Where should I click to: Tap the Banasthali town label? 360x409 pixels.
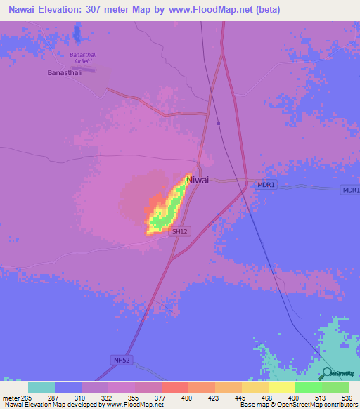65,72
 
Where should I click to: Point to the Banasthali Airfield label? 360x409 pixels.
86,58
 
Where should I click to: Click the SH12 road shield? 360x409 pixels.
181,231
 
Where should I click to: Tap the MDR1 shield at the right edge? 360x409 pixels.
351,190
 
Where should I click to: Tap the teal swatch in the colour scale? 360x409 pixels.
41,387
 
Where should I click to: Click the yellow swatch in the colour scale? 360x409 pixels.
282,387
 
